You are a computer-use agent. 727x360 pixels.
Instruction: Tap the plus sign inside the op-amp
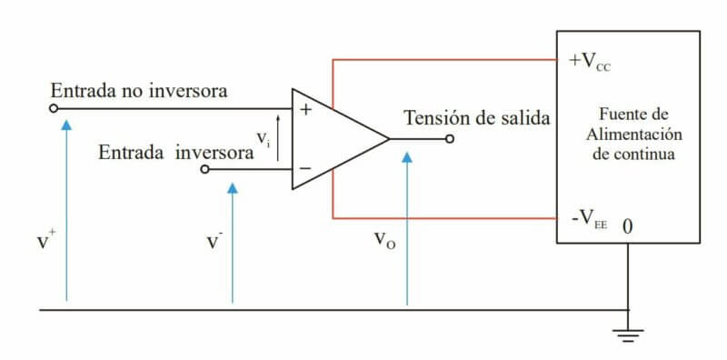[305, 110]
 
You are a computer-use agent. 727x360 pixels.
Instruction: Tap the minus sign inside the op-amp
[305, 168]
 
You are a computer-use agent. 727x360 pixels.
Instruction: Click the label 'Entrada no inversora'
[138, 91]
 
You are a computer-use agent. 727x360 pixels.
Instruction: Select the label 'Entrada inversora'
[176, 152]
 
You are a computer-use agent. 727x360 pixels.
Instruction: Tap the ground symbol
[627, 332]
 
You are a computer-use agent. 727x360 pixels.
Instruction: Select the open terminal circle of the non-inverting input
[54, 108]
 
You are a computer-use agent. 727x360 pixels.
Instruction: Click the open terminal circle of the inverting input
[204, 169]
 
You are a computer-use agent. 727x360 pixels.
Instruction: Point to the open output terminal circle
[450, 139]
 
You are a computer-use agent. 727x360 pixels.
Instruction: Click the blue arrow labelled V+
[66, 209]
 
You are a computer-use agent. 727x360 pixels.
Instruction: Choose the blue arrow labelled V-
[233, 241]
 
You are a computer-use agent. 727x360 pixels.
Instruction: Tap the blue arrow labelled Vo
[407, 227]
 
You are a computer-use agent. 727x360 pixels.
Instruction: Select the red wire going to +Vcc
[445, 61]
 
